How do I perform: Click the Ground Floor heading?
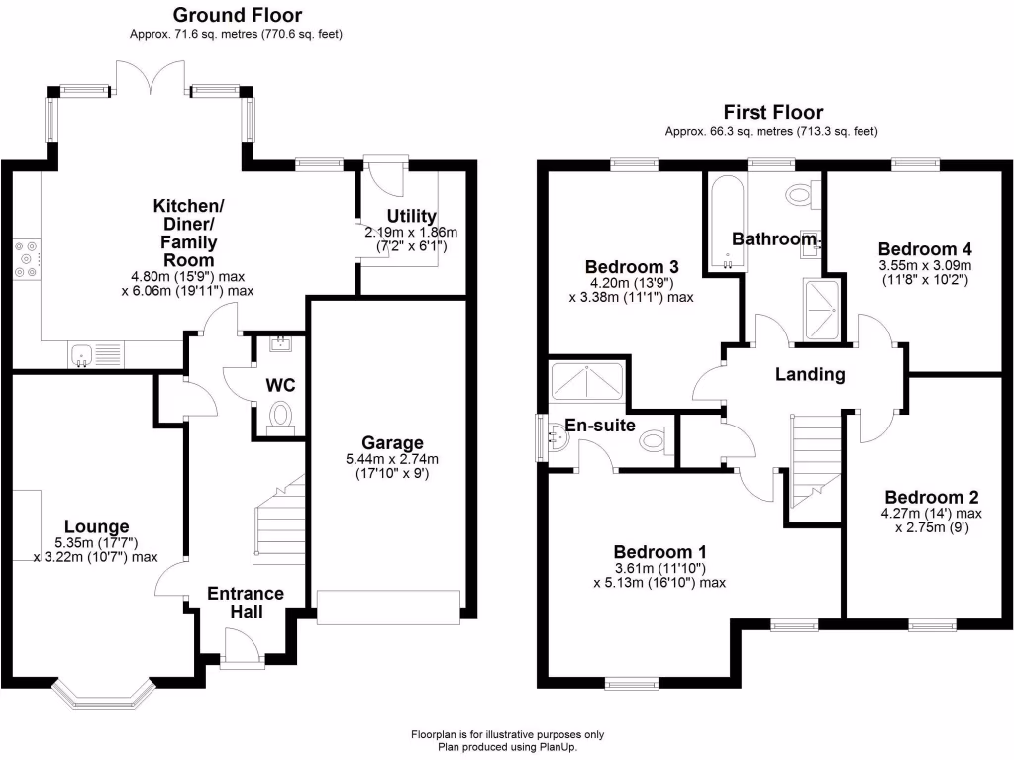pos(238,15)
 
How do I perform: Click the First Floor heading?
pos(772,112)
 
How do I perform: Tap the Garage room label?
pos(392,443)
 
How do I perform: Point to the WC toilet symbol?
pos(281,413)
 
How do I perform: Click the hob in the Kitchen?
pos(27,257)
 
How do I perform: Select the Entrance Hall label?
pos(245,603)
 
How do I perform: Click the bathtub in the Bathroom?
pos(725,222)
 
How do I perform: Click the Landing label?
pos(810,374)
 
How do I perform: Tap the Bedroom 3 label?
pos(631,266)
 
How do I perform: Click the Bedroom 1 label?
pos(659,551)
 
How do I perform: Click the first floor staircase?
pos(815,455)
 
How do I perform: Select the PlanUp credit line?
pos(507,747)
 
